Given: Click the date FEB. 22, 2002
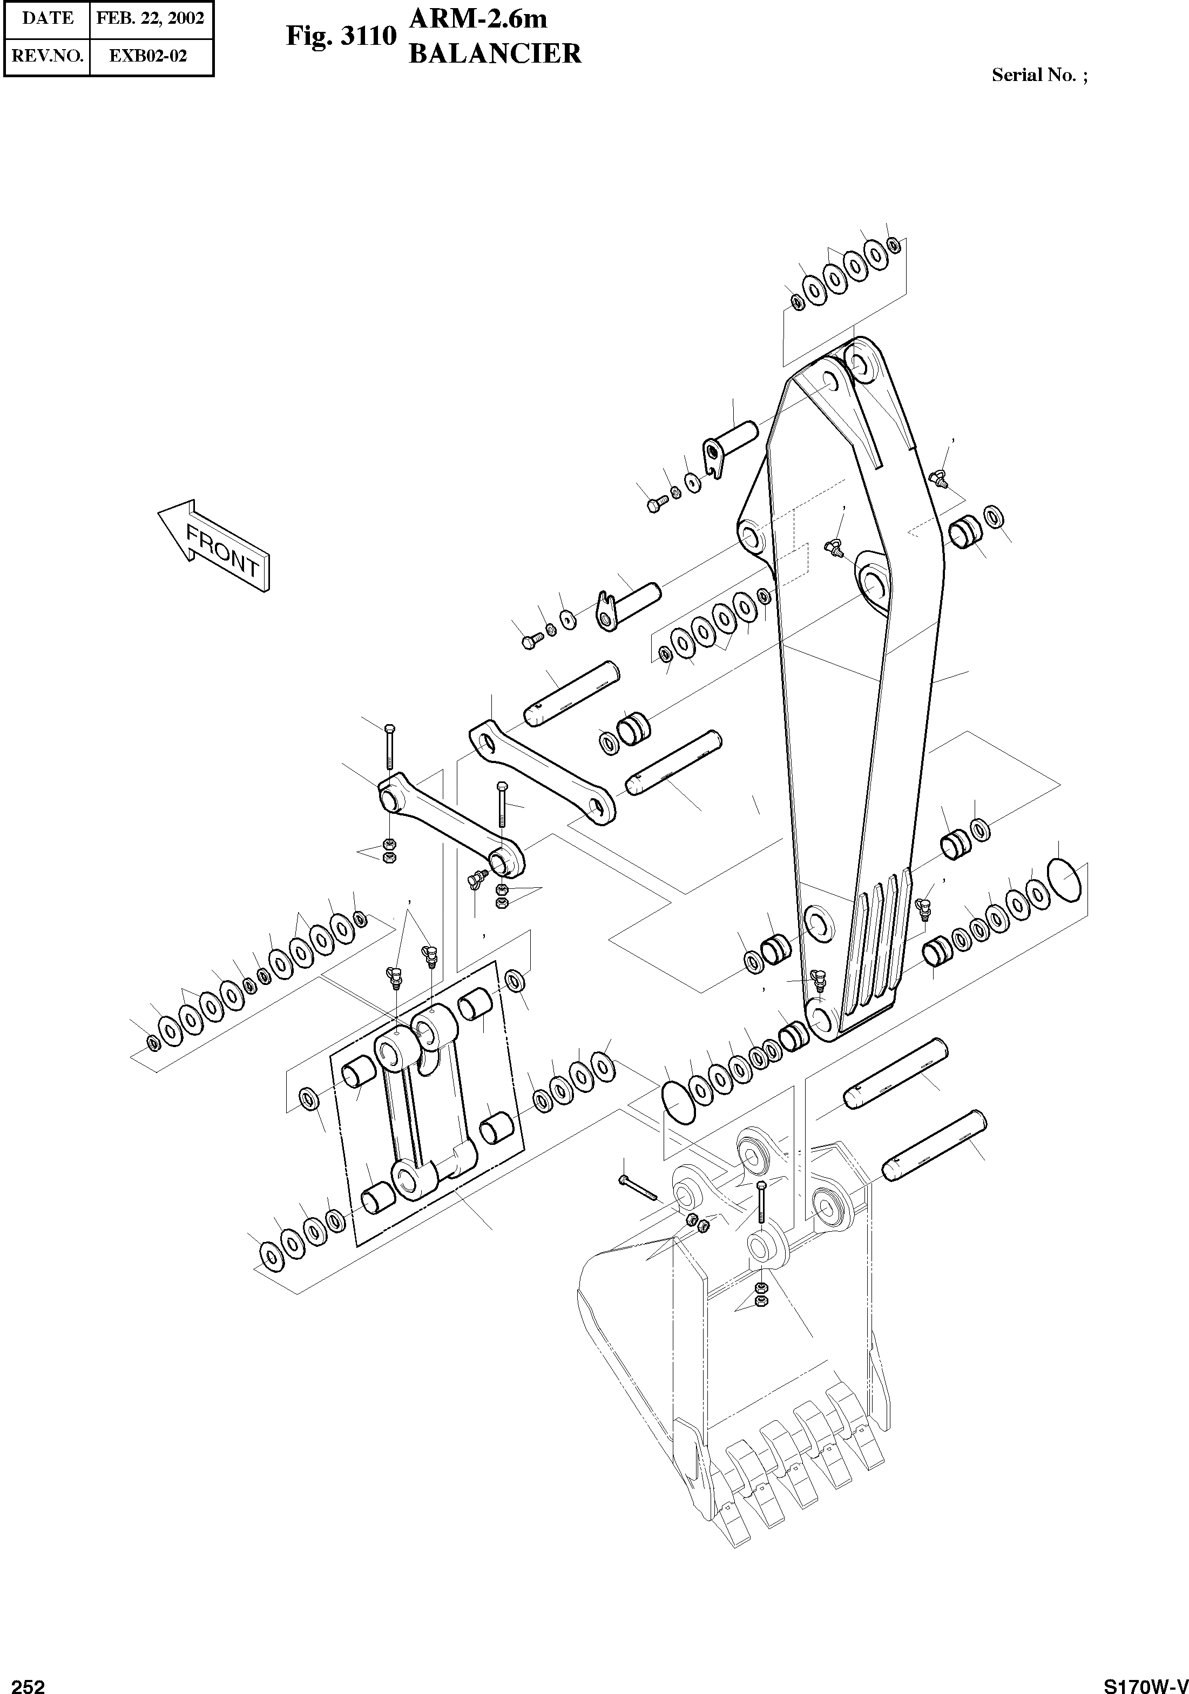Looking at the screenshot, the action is pos(151,18).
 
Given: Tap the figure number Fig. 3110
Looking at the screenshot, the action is pos(341,36).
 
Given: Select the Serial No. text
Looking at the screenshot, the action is pos(1038,75).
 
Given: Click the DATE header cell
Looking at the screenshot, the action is pos(47,18).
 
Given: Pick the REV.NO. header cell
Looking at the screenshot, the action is pos(47,56).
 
